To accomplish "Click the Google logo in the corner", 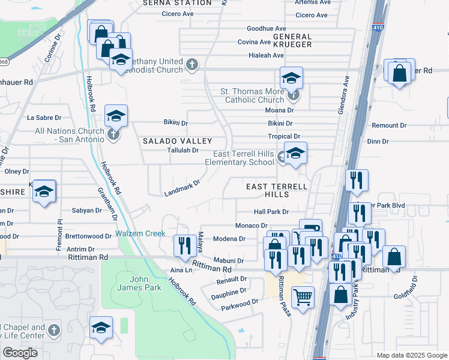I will pos(20,353).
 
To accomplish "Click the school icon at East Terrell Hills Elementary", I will pos(295,154).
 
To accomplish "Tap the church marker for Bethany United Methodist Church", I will pos(192,63).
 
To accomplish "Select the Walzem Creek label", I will pos(140,233).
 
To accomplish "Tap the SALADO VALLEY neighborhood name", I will pos(169,140).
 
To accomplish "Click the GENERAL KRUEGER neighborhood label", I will pos(292,40).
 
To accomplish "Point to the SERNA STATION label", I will pos(177,3).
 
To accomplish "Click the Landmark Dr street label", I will pos(182,190).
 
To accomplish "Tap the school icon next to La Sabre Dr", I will pos(116,116).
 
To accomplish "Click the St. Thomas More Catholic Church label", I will pos(252,96).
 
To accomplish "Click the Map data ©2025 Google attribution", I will pos(411,355).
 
